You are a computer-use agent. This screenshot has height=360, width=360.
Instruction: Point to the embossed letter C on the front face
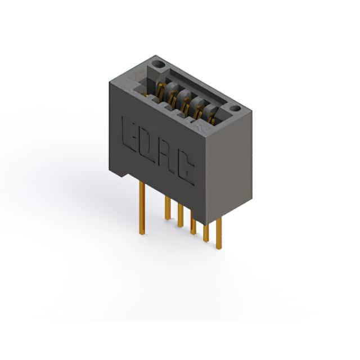[x=186, y=168]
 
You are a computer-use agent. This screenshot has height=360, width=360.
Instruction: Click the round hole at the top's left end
[x=159, y=64]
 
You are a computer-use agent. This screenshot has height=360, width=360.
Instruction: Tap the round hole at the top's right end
[x=235, y=109]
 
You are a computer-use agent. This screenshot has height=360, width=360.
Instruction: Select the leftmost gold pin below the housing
[x=142, y=208]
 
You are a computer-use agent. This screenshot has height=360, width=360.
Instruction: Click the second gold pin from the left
[x=168, y=208]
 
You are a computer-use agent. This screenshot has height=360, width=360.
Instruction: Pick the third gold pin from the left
[x=181, y=216]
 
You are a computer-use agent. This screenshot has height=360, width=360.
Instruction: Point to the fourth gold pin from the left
[x=193, y=226]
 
